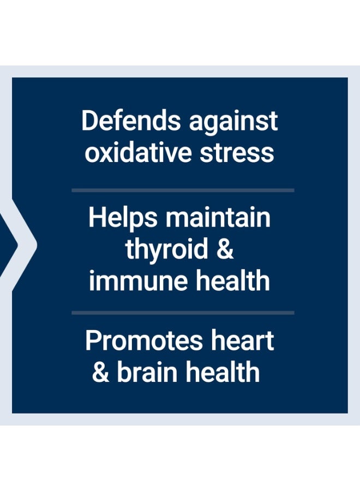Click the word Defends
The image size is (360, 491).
(x=131, y=121)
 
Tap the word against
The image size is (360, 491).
(x=233, y=122)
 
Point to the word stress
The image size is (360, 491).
(x=237, y=153)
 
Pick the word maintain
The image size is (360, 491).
(x=218, y=217)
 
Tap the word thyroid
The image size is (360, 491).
(x=167, y=249)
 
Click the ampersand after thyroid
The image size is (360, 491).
(x=225, y=248)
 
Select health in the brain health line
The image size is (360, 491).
(x=223, y=372)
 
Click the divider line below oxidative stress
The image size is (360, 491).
(x=183, y=190)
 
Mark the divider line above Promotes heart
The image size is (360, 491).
(x=183, y=313)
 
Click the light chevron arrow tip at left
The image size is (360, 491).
(x=37, y=245)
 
